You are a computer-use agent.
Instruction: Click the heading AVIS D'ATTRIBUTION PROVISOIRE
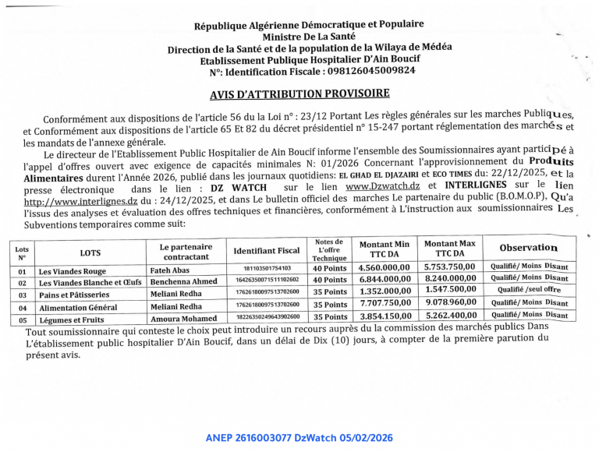[299, 94]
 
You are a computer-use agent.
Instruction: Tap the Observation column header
[529, 248]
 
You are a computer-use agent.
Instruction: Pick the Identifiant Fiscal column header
[267, 251]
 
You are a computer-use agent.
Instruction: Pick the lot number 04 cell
[22, 308]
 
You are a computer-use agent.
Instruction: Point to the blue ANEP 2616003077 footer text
[299, 438]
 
